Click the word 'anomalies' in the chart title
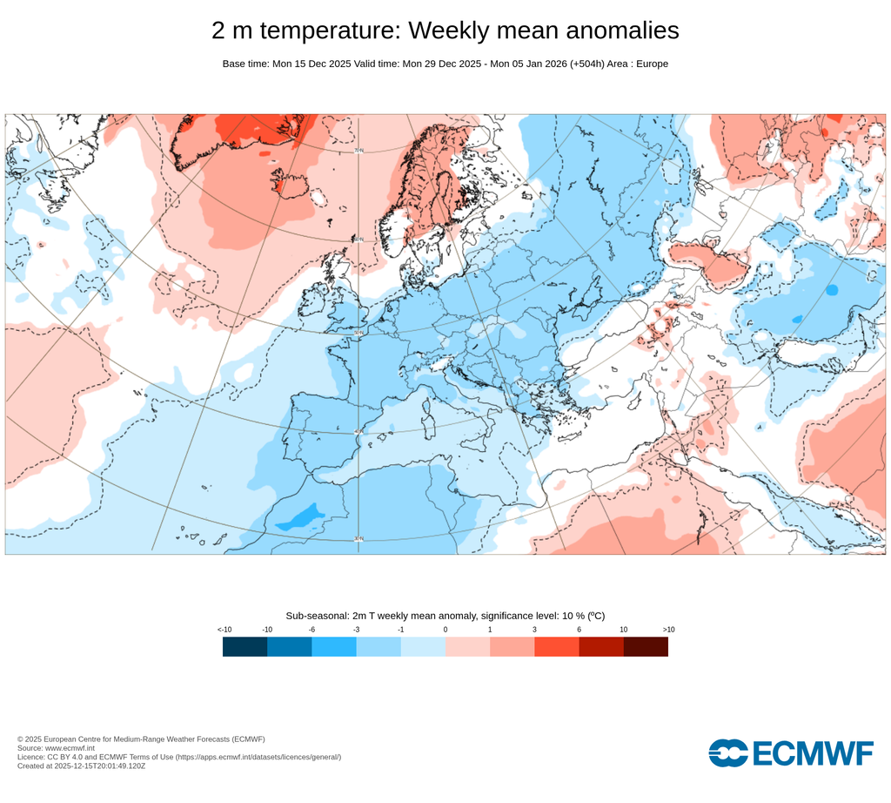pyautogui.click(x=622, y=30)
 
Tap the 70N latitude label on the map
pyautogui.click(x=358, y=151)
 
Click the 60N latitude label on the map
pyautogui.click(x=358, y=240)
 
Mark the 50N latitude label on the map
pyautogui.click(x=358, y=332)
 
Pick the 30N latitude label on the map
pyautogui.click(x=358, y=539)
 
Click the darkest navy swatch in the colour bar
pyautogui.click(x=245, y=646)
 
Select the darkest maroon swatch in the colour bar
pyautogui.click(x=646, y=646)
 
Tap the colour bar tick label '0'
pyautogui.click(x=445, y=629)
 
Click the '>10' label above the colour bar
pyautogui.click(x=668, y=629)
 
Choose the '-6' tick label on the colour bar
pyautogui.click(x=312, y=629)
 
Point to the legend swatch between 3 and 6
pyautogui.click(x=556, y=646)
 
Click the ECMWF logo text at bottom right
pyautogui.click(x=792, y=753)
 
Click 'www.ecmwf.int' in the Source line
pyautogui.click(x=70, y=748)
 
